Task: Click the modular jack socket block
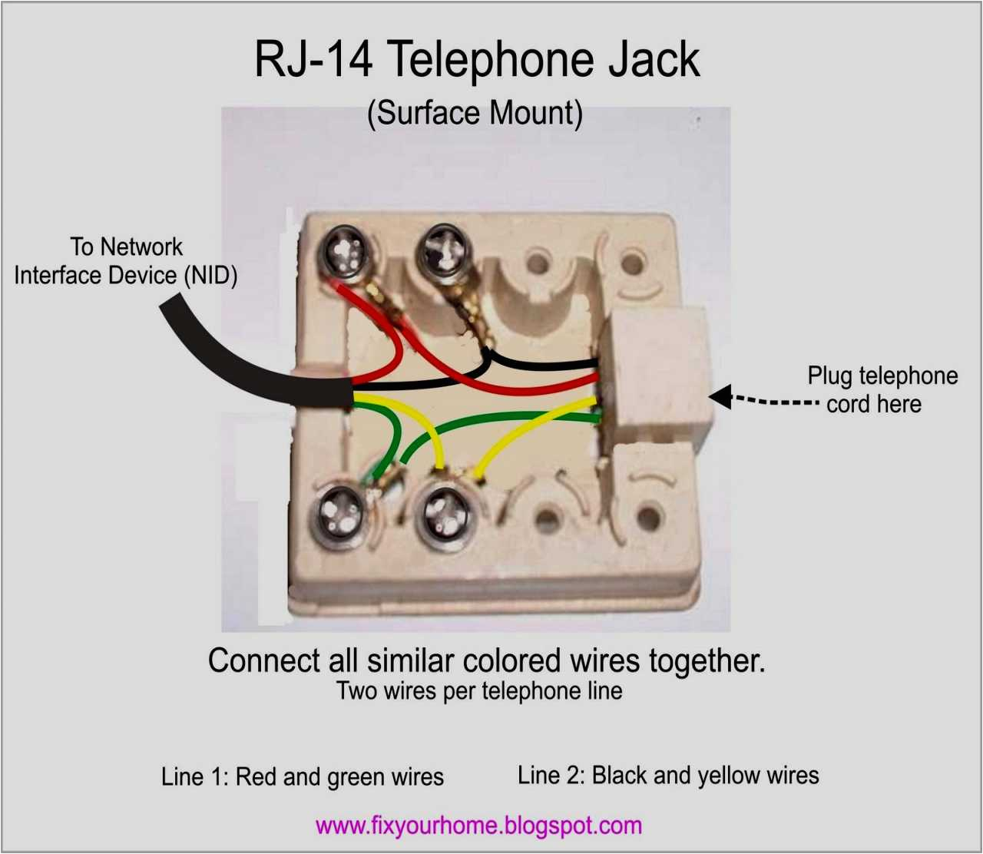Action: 653,376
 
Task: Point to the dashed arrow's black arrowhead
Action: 720,397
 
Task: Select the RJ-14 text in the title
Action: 313,60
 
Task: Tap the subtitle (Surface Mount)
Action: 475,113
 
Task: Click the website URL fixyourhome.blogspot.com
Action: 478,826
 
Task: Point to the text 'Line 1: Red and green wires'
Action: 303,776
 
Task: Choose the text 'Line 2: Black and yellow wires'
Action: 668,775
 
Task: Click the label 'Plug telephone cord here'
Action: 882,389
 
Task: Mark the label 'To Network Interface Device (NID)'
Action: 126,261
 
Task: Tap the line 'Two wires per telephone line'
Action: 479,690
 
